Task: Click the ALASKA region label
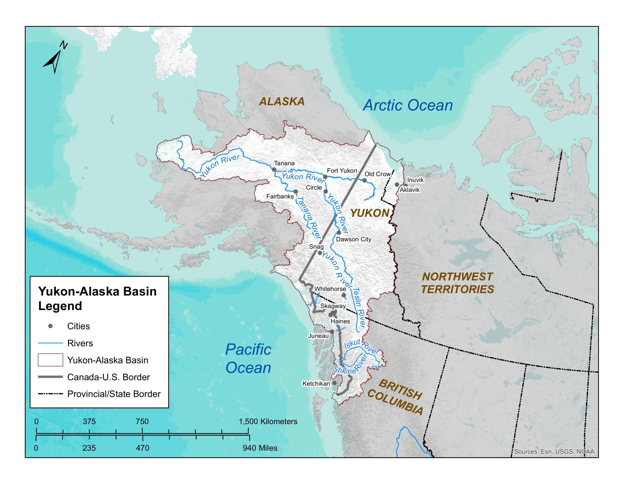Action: coord(281,102)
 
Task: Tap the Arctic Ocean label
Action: coord(407,105)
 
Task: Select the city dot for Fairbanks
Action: coord(296,192)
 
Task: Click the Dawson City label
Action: coord(353,239)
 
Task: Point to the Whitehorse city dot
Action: coord(344,295)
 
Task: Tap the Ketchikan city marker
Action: coord(334,383)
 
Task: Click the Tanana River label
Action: coord(309,218)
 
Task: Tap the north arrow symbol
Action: coord(54,59)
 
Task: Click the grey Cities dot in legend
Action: coord(50,326)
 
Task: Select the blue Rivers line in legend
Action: coord(50,343)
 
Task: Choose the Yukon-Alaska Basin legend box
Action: coord(50,360)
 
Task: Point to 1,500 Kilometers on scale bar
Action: coord(268,421)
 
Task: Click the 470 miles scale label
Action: coord(143,448)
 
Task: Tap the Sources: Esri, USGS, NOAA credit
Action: coord(554,452)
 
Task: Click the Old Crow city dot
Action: coord(364,180)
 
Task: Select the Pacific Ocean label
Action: coord(248,358)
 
